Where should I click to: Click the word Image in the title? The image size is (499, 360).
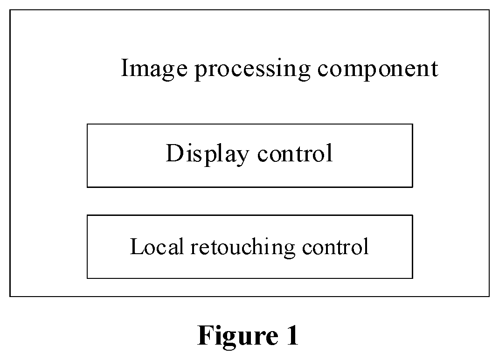tap(154, 69)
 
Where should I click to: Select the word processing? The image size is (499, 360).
tap(252, 69)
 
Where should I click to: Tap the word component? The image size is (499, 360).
tap(378, 69)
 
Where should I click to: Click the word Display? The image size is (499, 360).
tap(208, 154)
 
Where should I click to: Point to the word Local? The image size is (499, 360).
tap(157, 246)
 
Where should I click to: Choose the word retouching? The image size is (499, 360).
tap(243, 247)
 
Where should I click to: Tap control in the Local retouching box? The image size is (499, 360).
tap(335, 246)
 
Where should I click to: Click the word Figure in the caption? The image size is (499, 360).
tap(238, 336)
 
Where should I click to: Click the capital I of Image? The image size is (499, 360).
tap(125, 68)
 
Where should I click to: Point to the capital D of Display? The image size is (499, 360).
tap(175, 153)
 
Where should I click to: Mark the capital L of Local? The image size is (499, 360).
tap(138, 246)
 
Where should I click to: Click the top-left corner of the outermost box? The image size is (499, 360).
tap(10, 10)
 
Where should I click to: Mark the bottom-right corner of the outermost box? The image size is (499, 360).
tap(489, 296)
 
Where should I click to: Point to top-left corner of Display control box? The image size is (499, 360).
tap(87, 124)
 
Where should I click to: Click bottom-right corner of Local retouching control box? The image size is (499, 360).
tap(413, 278)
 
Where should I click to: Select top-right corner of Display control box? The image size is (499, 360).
tap(413, 124)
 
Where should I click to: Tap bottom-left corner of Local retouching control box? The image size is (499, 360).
tap(87, 278)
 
